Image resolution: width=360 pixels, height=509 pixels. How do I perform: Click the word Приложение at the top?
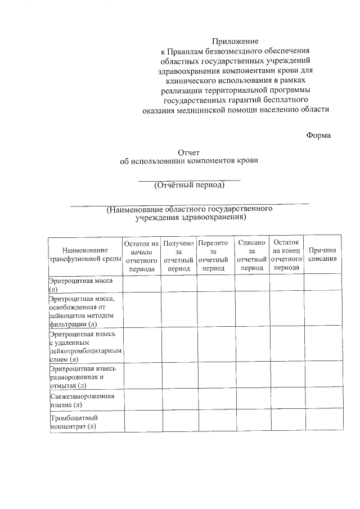click(235, 41)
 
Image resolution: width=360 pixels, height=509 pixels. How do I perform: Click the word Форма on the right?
click(318, 135)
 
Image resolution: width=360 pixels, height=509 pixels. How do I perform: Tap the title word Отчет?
click(188, 152)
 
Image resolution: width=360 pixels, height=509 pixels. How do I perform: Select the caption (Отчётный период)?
click(190, 184)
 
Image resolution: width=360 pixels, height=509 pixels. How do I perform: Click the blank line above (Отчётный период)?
click(190, 179)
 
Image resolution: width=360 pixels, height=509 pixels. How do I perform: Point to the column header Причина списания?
click(323, 254)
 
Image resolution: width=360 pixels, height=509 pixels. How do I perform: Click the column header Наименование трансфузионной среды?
click(85, 254)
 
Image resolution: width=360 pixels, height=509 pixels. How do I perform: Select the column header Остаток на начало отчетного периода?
click(141, 255)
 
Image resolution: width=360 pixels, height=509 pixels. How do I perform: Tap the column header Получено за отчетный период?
click(178, 255)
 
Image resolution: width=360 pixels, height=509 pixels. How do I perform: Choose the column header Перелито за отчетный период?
click(214, 255)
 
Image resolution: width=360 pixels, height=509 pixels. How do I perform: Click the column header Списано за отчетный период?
click(251, 255)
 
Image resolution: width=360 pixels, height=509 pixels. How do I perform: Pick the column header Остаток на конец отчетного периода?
click(286, 255)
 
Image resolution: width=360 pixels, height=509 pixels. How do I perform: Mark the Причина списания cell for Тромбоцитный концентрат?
click(323, 422)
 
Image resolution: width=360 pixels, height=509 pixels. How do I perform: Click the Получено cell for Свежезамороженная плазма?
click(178, 400)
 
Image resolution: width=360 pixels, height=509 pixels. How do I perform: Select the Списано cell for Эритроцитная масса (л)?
click(251, 283)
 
